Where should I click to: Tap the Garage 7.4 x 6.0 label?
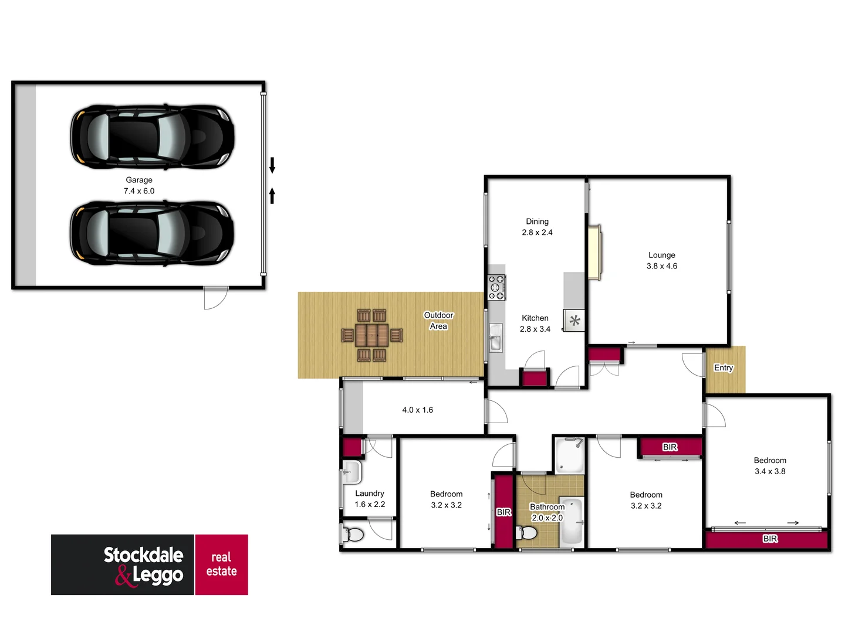coord(139,185)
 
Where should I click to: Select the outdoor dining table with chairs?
coord(372,335)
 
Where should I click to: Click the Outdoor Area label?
coord(438,321)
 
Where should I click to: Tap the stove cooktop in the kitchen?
coord(496,287)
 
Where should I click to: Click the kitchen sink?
coord(496,338)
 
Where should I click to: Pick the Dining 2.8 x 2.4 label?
coord(537,227)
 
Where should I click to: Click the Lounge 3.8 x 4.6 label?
coord(661,260)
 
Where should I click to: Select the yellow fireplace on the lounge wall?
coord(595,253)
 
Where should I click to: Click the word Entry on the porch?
coord(724,367)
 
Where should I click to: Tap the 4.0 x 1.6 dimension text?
coord(417,410)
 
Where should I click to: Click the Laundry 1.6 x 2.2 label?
coord(370,499)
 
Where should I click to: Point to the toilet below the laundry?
coord(354,534)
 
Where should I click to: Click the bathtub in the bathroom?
coord(571,521)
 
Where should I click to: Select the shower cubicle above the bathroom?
coord(569,455)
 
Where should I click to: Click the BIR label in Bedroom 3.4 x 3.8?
coord(770,539)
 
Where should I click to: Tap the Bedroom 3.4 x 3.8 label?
coord(770,466)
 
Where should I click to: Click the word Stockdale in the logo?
coord(143,555)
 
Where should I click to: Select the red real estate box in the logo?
coord(221,564)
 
